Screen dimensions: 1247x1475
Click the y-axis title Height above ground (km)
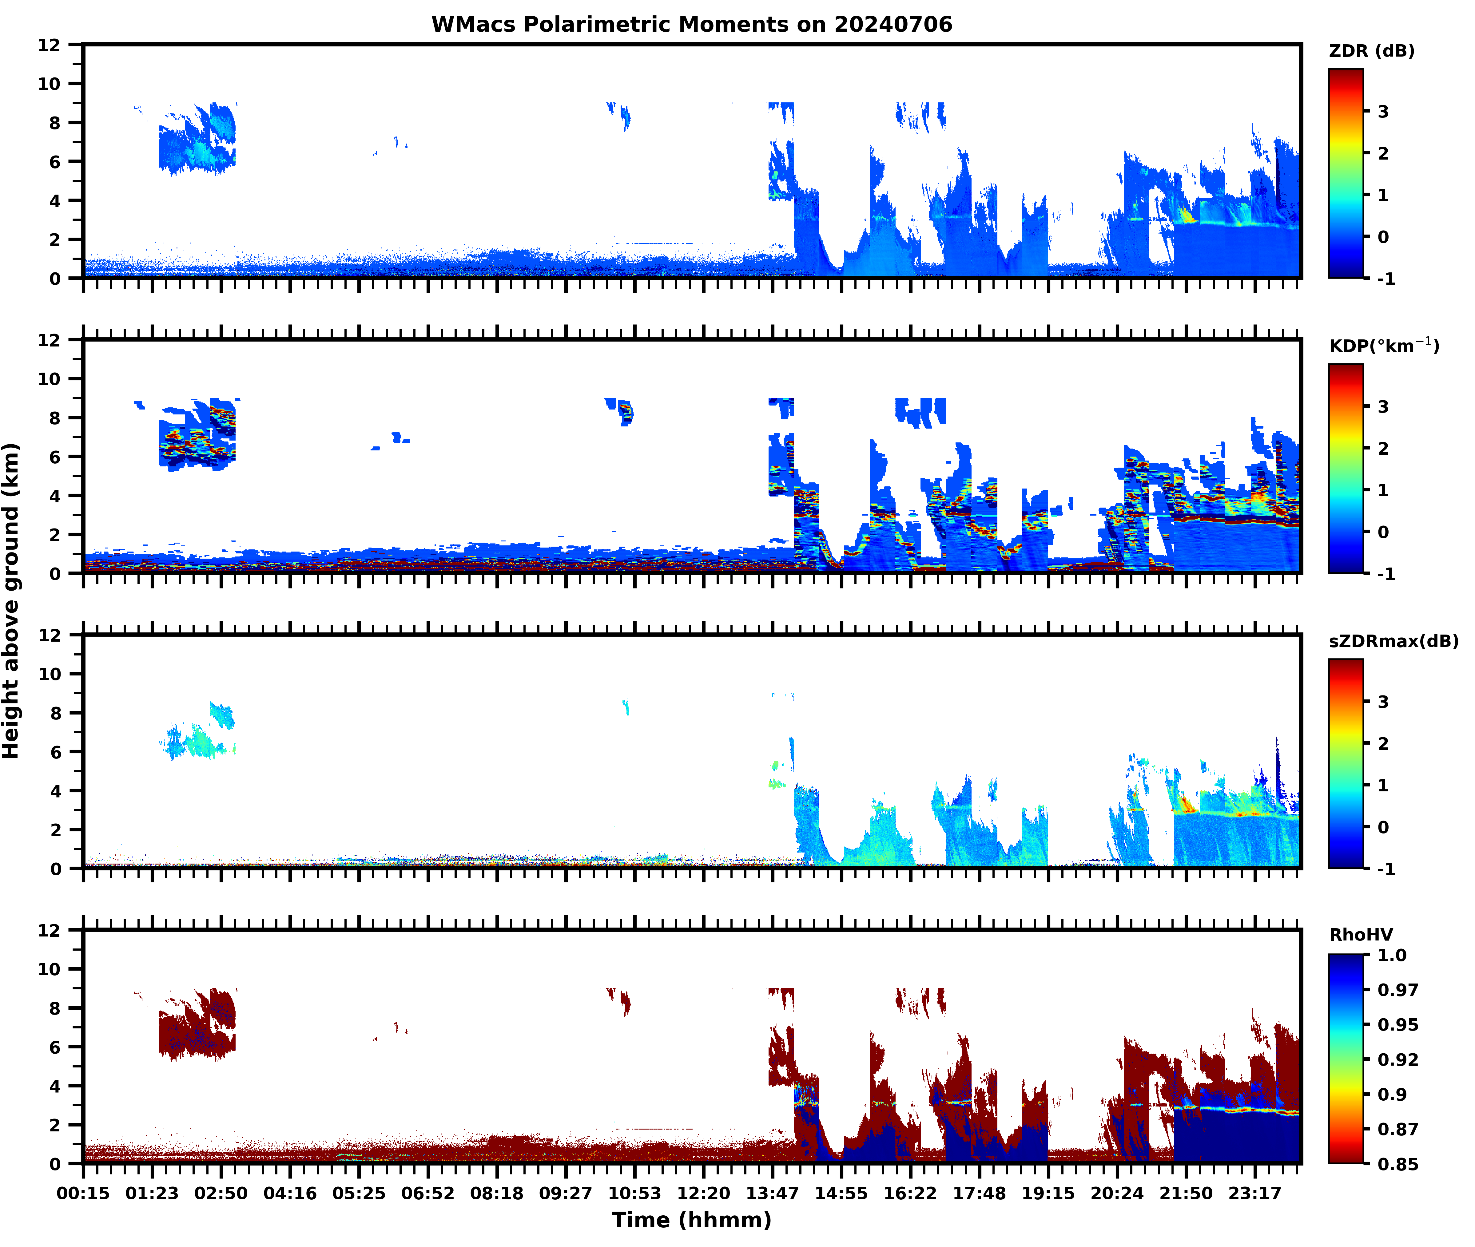tap(11, 601)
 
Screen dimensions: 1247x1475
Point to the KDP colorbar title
tap(1383, 346)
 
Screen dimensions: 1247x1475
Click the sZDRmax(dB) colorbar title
tap(1393, 641)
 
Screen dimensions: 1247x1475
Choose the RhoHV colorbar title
tap(1361, 935)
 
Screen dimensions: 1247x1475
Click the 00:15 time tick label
tap(83, 1193)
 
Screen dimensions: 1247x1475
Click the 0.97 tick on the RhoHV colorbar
tap(1397, 990)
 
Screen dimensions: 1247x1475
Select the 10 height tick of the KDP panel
tap(50, 379)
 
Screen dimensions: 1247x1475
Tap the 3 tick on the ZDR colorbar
tap(1383, 112)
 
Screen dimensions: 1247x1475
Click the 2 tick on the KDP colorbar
tap(1383, 448)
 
